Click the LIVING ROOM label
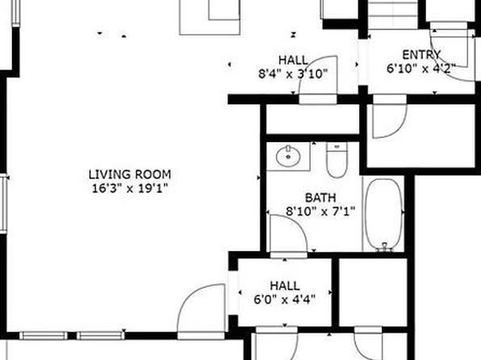[x=130, y=174]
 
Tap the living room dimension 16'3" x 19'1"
[x=131, y=188]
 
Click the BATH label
[x=320, y=197]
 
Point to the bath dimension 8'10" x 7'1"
[x=320, y=211]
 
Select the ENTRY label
[x=421, y=55]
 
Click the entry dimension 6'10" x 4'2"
[x=421, y=69]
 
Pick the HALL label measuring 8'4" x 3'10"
[x=293, y=61]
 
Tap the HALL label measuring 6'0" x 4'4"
[x=285, y=286]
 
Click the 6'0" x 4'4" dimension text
[x=285, y=299]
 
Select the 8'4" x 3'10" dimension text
[x=293, y=73]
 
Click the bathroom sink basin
[x=288, y=156]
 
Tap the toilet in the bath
[x=337, y=160]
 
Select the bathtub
[x=384, y=214]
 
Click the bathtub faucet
[x=385, y=247]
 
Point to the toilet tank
[x=337, y=147]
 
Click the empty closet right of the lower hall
[x=373, y=292]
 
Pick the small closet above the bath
[x=312, y=119]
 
